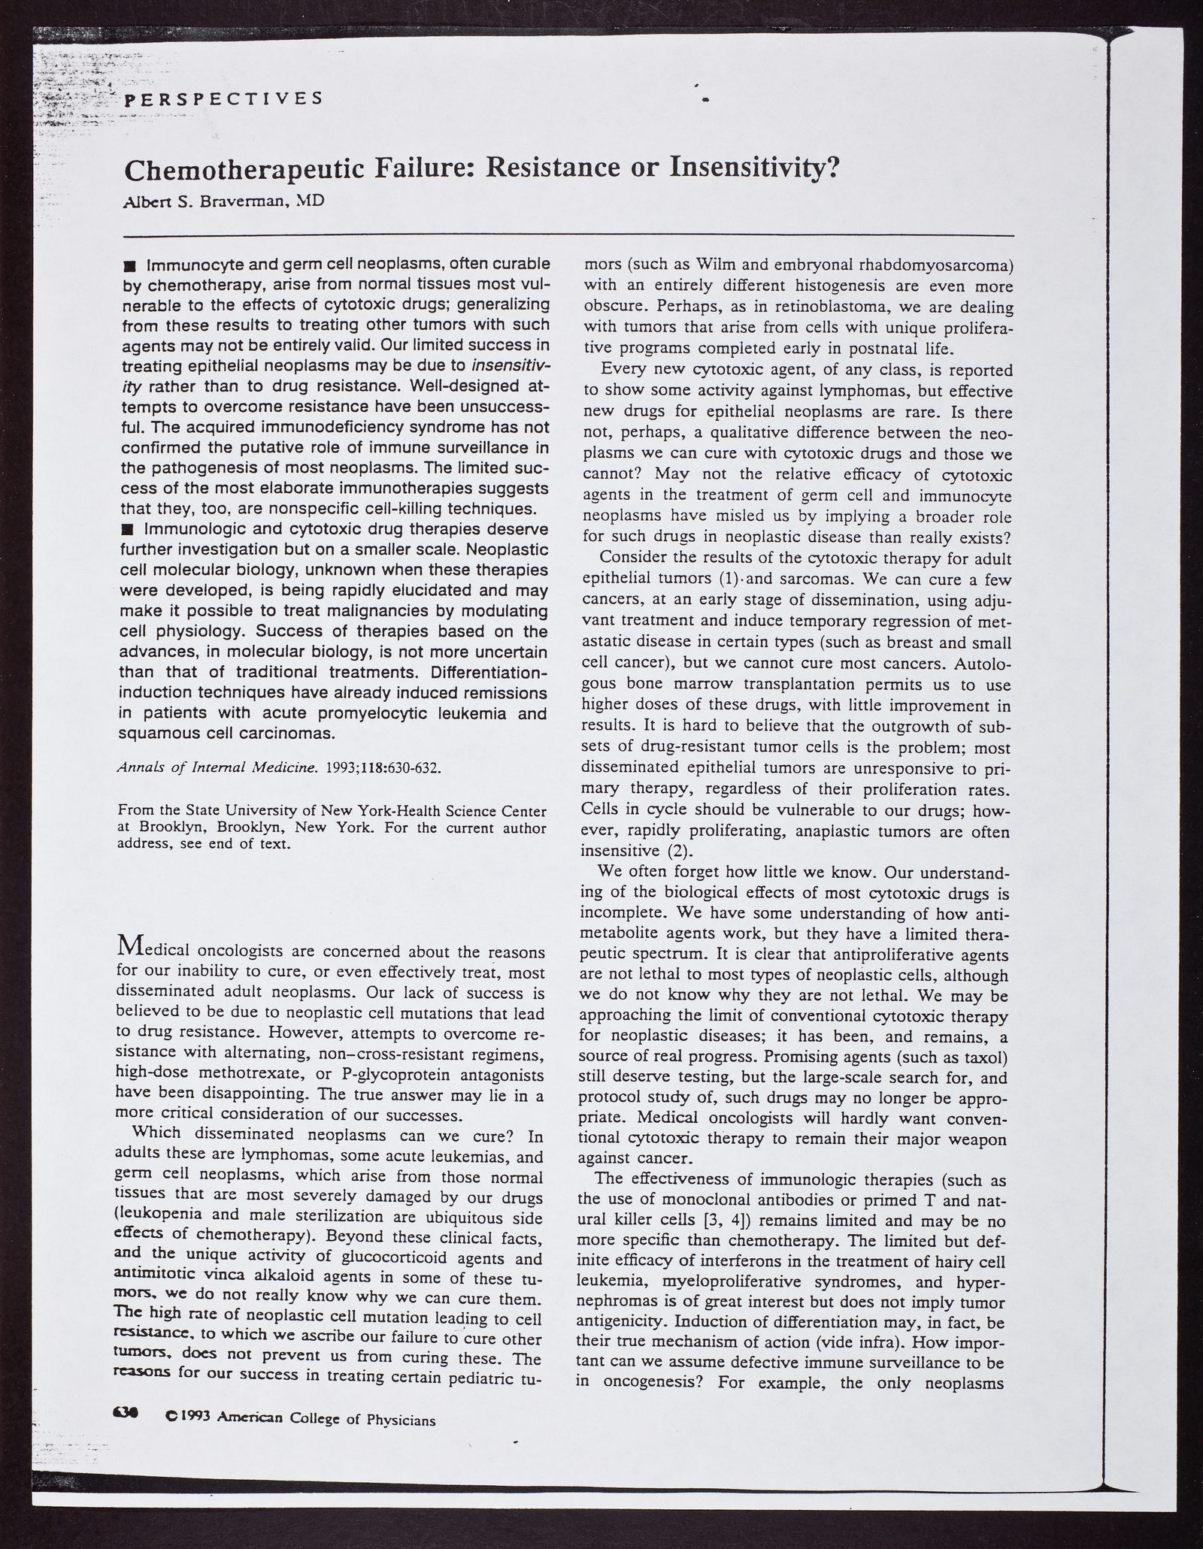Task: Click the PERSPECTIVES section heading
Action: [223, 98]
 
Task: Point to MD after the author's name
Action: [308, 202]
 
